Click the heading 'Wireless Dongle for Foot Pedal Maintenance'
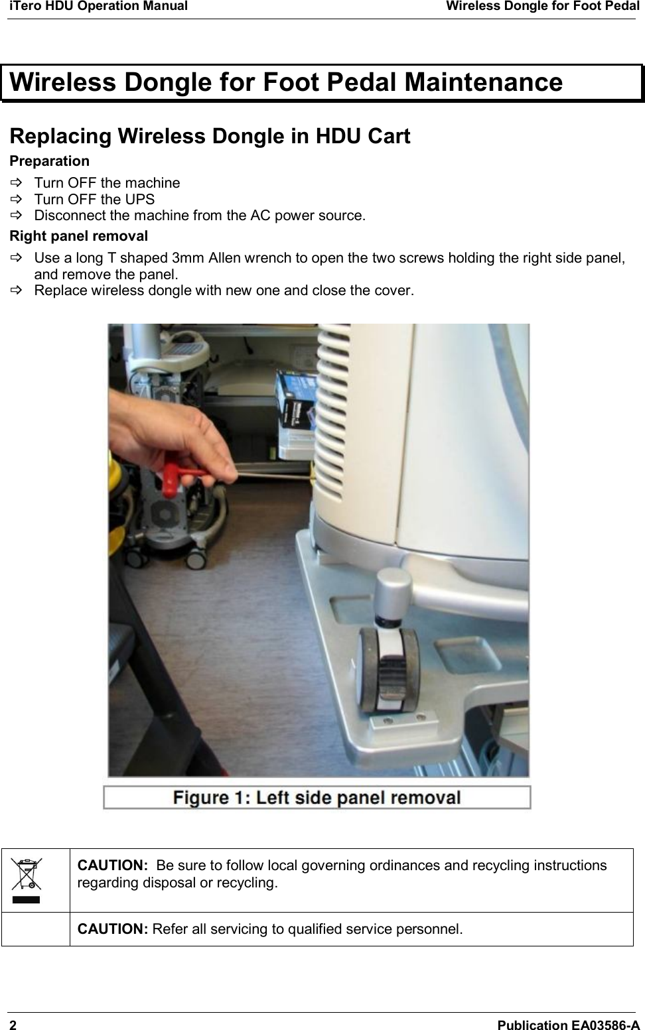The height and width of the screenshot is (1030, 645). [286, 83]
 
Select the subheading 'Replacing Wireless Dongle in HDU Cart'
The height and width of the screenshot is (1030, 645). [210, 136]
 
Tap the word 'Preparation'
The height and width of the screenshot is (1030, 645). [49, 161]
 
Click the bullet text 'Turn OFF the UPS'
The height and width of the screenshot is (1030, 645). [94, 200]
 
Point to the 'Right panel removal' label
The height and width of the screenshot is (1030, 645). [78, 236]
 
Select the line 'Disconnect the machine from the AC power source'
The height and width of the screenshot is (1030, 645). [199, 216]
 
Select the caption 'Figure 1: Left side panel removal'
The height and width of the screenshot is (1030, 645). [317, 797]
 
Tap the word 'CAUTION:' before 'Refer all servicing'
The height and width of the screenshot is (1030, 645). [113, 929]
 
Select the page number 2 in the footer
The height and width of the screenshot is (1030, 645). [13, 1025]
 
